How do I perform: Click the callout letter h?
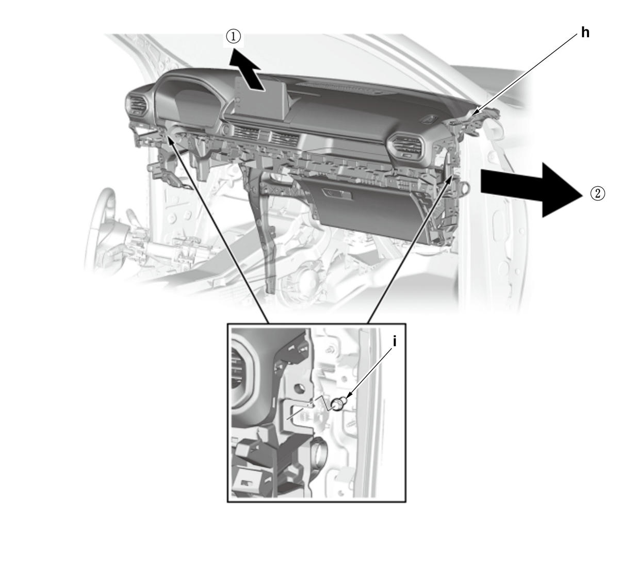[x=585, y=32]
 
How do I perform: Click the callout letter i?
[x=395, y=342]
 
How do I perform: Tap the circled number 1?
[x=234, y=37]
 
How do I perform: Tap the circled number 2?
[x=598, y=193]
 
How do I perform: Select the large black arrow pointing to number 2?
[x=531, y=190]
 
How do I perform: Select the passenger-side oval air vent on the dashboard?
[x=405, y=145]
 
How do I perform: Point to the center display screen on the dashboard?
[x=258, y=100]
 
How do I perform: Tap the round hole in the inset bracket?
[x=298, y=388]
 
